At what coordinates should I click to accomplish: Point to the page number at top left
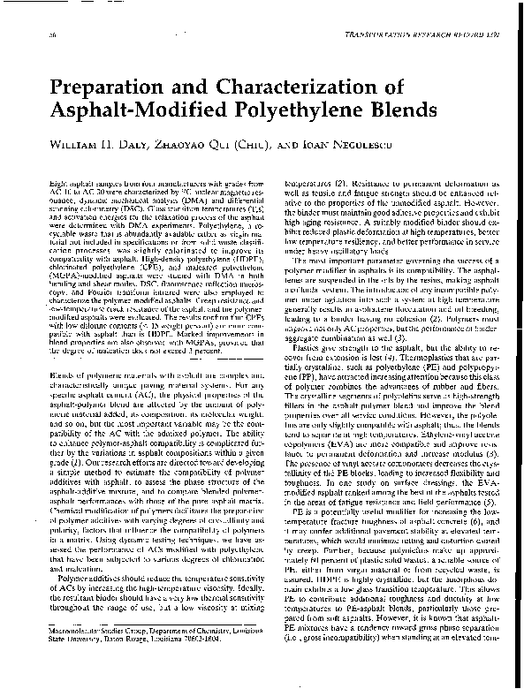(42, 33)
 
